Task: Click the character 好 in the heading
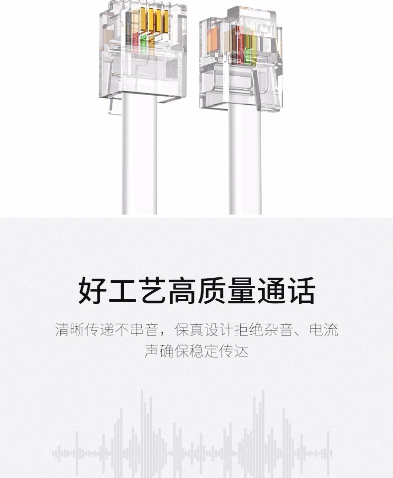pyautogui.click(x=93, y=291)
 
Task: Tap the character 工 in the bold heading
pyautogui.click(x=122, y=291)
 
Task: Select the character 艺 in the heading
pyautogui.click(x=152, y=291)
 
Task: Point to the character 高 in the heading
pyautogui.click(x=182, y=291)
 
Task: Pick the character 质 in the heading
pyautogui.click(x=212, y=291)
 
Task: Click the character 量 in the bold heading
pyautogui.click(x=242, y=291)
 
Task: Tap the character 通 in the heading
pyautogui.click(x=272, y=291)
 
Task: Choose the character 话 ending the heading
pyautogui.click(x=301, y=291)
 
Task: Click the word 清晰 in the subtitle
pyautogui.click(x=70, y=330)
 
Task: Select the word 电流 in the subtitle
pyautogui.click(x=324, y=330)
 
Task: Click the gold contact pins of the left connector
pyautogui.click(x=149, y=20)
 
